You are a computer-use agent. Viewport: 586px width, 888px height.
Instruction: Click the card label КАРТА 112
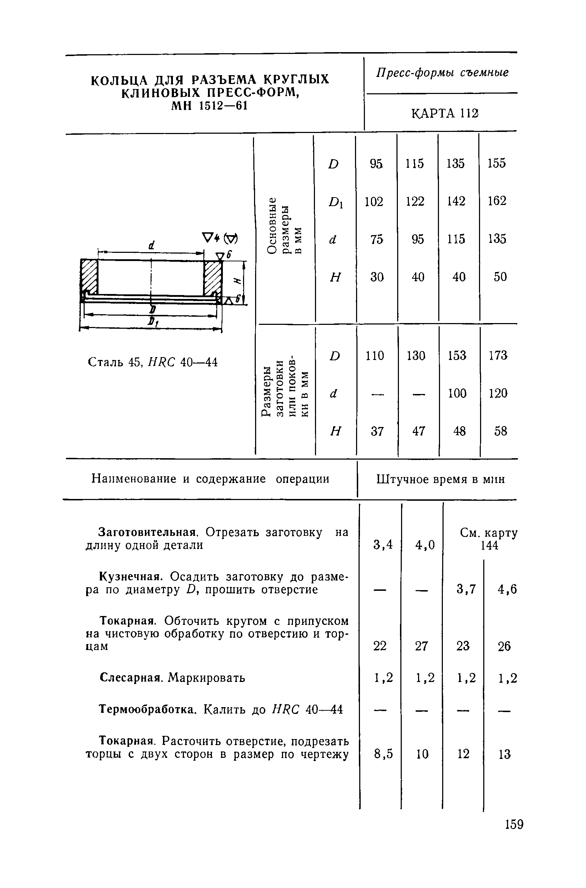(x=445, y=113)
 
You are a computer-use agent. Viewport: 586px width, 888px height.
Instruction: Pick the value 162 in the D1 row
(x=497, y=201)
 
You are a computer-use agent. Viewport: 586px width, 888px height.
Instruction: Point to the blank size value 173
(x=498, y=355)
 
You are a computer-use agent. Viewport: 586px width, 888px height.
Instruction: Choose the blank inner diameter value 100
(x=457, y=393)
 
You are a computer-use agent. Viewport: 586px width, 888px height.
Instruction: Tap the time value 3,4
(x=383, y=545)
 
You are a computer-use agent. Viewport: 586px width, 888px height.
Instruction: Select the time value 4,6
(x=507, y=590)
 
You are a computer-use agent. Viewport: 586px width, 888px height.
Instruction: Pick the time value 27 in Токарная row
(x=421, y=646)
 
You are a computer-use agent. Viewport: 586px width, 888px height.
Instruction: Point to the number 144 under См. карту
(x=489, y=546)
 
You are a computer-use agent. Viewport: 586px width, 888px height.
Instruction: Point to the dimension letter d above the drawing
(x=151, y=245)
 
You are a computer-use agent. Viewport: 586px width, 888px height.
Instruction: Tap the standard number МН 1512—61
(x=210, y=106)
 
